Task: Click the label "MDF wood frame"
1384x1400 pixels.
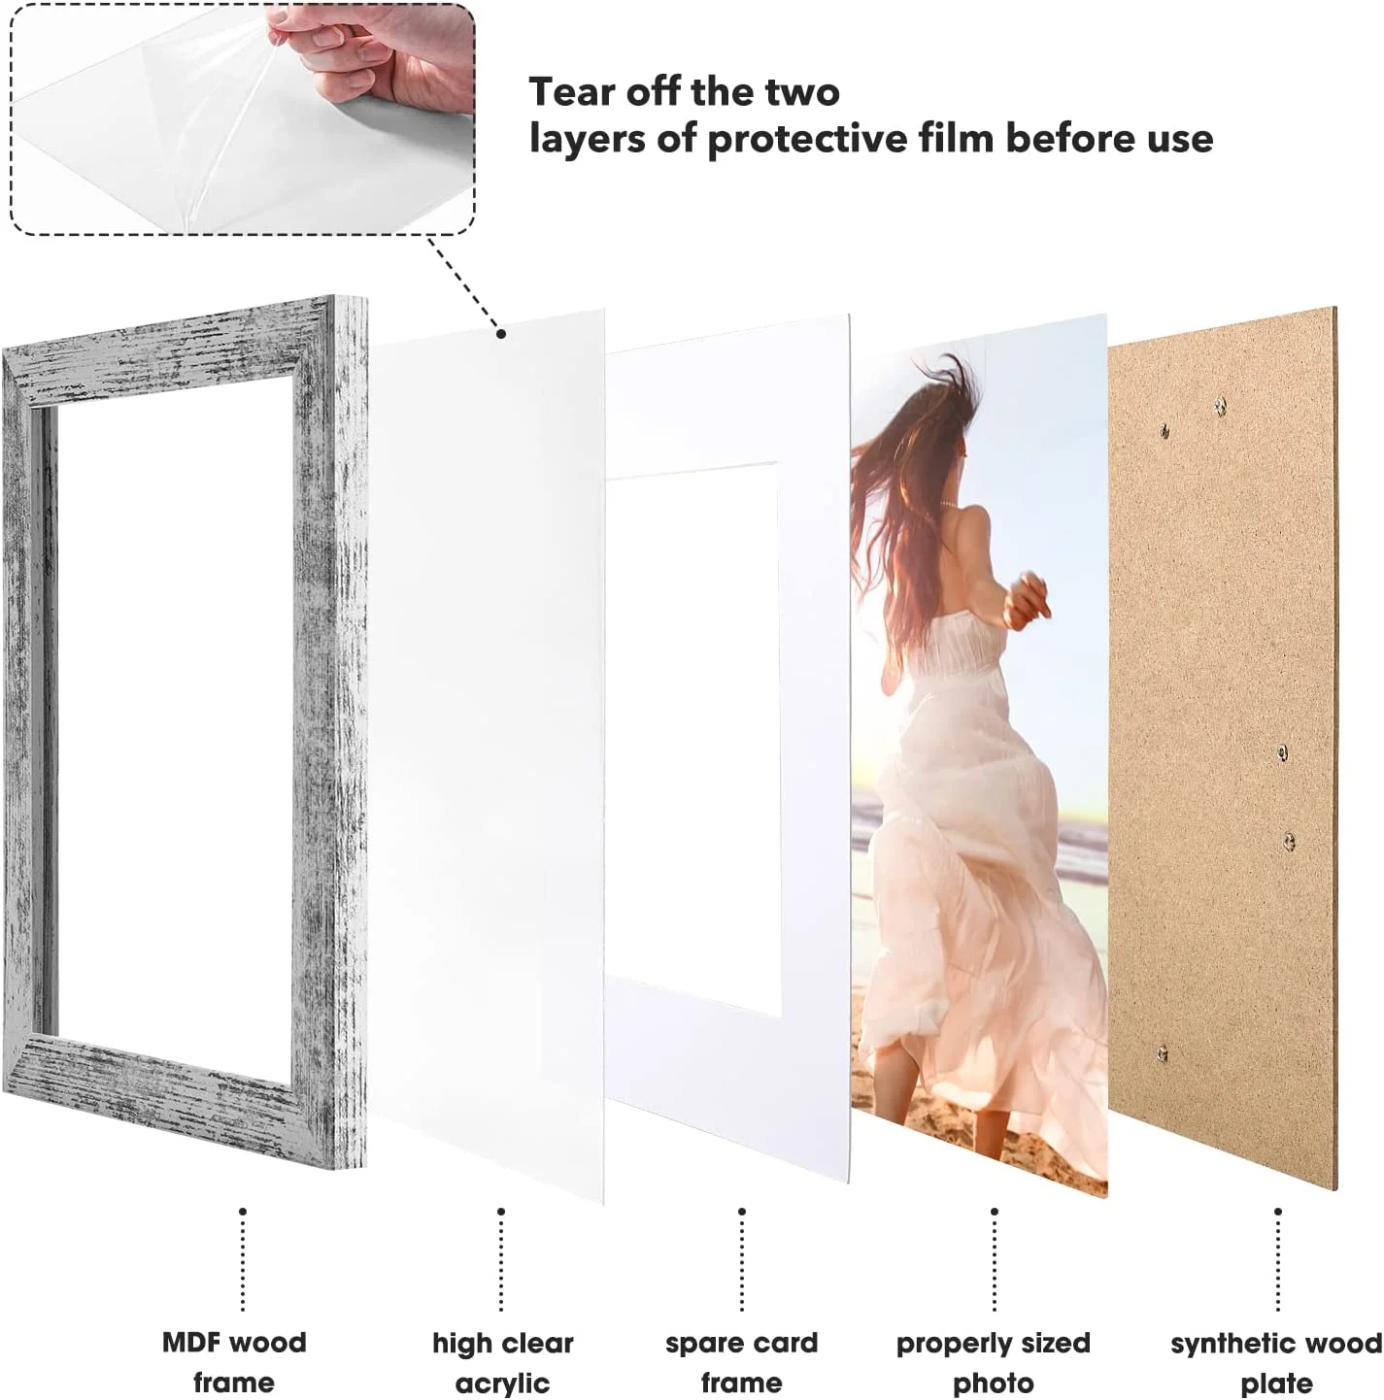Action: [x=233, y=1361]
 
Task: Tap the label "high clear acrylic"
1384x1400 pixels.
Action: [x=502, y=1362]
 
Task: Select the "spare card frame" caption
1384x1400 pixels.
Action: [x=741, y=1362]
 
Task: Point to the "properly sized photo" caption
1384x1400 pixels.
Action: [x=993, y=1362]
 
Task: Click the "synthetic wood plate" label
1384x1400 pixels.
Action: [x=1276, y=1362]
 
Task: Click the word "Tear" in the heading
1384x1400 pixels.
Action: [x=570, y=92]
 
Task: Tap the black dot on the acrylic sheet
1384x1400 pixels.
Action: [x=501, y=333]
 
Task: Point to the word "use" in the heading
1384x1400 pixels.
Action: [x=1178, y=139]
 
